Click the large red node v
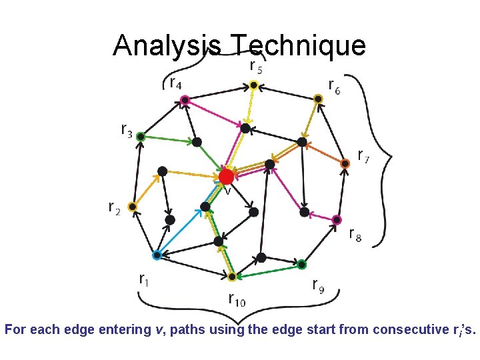coord(226,177)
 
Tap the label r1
coord(144,279)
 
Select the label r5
coord(255,65)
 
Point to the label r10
coord(237,299)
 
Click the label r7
coord(364,156)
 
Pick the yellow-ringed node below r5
coord(253,85)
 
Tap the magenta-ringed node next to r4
coord(185,100)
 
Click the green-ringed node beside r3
coord(141,137)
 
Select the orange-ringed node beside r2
coord(133,207)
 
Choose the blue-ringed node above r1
coord(157,255)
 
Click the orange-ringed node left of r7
coord(345,163)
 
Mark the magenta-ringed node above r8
coord(337,219)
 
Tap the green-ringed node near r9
coord(301,263)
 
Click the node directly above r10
coord(232,276)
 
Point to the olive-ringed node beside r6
coord(319,99)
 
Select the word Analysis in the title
coord(167,45)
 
